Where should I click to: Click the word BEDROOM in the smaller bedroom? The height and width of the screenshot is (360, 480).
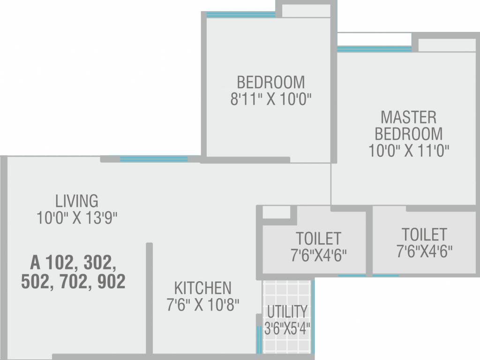271,82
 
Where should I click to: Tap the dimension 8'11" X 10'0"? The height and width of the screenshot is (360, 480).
271,100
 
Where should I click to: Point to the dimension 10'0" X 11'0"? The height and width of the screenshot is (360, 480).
408,151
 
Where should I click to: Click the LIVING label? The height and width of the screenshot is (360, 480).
77,201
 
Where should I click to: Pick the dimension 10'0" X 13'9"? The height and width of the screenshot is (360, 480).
77,217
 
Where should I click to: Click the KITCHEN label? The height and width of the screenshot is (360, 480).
202,287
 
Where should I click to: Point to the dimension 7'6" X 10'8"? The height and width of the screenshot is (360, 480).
202,305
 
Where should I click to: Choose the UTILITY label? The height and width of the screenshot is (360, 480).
287,311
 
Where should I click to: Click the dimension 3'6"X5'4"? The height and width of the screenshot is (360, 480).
287,327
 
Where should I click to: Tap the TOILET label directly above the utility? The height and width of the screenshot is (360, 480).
318,238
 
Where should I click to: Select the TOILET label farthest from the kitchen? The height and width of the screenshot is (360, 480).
424,234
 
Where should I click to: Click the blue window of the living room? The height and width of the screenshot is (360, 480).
153,159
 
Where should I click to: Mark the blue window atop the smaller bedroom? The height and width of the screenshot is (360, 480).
241,15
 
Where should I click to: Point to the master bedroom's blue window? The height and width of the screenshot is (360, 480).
374,49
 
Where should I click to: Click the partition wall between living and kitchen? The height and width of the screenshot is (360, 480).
149,298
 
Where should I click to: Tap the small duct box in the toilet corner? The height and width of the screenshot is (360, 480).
276,212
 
